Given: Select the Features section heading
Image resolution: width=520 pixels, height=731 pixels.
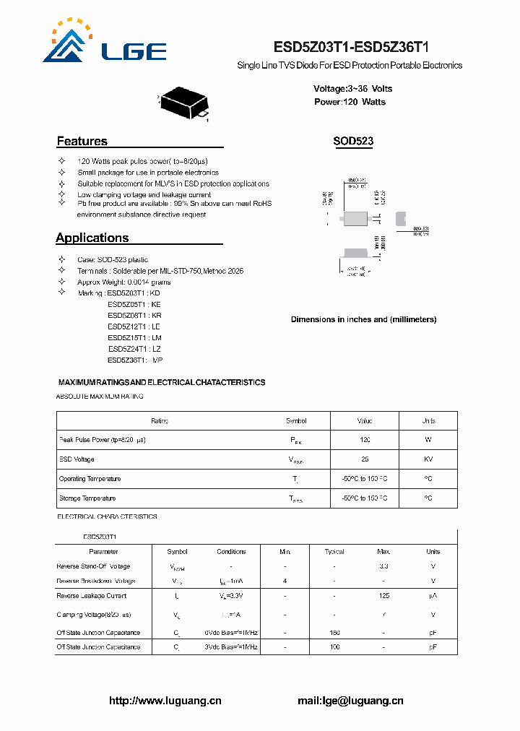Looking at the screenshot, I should [82, 142].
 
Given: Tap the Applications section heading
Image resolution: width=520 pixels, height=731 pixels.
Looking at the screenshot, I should [92, 238].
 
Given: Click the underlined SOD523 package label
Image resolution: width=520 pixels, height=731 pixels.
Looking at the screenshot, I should [353, 142].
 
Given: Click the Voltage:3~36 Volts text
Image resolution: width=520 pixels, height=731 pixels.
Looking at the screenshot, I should [352, 89].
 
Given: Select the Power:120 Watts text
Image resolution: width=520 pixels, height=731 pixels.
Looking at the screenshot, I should [350, 102].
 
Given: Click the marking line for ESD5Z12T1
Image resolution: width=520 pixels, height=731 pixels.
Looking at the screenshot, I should [134, 326].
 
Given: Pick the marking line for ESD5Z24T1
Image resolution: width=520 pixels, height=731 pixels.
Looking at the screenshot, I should [134, 349].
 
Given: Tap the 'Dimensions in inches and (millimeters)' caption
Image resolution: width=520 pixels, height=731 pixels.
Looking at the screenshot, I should [363, 319].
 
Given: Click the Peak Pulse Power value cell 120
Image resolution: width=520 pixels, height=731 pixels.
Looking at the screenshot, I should [365, 440].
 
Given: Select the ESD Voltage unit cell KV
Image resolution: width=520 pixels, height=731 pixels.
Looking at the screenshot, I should [428, 459].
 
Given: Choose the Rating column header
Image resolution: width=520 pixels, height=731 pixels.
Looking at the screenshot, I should [160, 420].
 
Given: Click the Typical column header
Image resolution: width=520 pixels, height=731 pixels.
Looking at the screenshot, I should [334, 552].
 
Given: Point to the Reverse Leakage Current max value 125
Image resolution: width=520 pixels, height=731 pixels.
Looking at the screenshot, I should [383, 596].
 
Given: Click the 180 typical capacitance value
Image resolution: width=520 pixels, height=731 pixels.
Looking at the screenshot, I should [334, 633].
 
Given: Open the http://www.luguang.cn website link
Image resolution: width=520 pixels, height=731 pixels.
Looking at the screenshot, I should [165, 701].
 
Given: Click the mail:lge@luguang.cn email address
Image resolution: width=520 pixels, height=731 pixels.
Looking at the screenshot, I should [350, 701].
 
